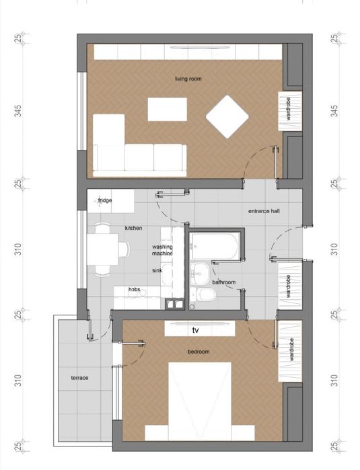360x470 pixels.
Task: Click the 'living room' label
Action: tap(188, 79)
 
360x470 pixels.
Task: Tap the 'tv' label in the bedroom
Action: tap(196, 330)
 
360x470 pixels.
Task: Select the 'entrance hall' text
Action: tap(264, 211)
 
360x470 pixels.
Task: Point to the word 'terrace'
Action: tap(79, 378)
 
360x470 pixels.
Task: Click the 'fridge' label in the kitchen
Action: tap(105, 200)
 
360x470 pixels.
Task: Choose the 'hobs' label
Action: tap(134, 290)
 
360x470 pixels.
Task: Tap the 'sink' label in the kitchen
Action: tap(157, 270)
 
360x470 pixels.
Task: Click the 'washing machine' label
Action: tap(162, 250)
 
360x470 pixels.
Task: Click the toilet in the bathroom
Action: tap(207, 295)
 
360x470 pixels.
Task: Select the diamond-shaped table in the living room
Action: tap(227, 117)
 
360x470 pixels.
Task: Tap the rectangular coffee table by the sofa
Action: tap(168, 110)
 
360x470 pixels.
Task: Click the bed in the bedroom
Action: tap(200, 401)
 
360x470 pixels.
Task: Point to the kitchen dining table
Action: tap(102, 249)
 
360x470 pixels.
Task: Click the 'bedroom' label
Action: tap(199, 352)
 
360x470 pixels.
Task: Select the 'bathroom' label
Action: tap(224, 282)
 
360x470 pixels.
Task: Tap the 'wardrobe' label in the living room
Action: tap(289, 108)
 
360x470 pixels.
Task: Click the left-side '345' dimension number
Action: tap(19, 111)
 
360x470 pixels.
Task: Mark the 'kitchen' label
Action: tap(133, 228)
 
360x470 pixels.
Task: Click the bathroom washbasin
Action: tap(199, 274)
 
